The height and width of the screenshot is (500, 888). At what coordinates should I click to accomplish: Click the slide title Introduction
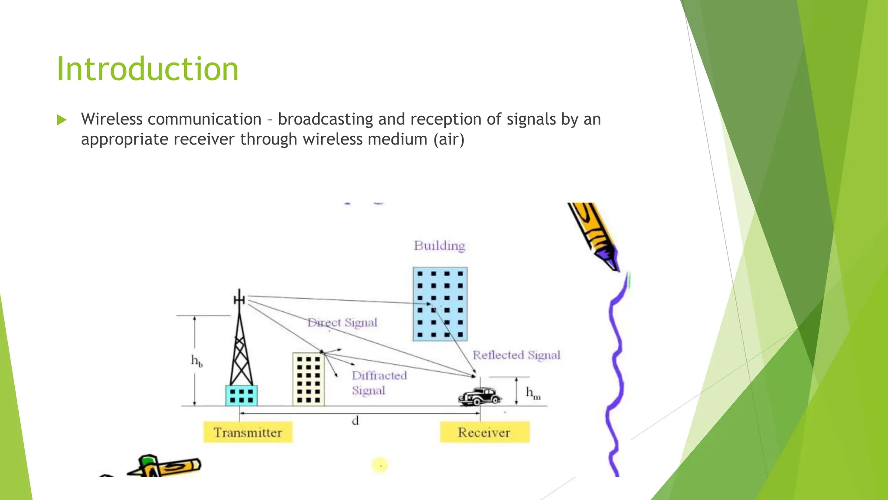(x=147, y=69)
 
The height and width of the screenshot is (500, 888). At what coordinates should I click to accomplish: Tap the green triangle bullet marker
(x=62, y=120)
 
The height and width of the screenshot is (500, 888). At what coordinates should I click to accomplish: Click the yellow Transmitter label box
(x=248, y=432)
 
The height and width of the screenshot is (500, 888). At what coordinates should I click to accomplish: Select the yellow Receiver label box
(x=484, y=432)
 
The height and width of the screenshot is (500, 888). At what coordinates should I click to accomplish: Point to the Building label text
(x=439, y=246)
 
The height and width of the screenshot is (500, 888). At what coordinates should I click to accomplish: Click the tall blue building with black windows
(x=440, y=304)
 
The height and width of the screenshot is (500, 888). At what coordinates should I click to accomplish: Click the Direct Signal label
(x=343, y=322)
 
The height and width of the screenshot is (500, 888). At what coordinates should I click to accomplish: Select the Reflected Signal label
(x=516, y=355)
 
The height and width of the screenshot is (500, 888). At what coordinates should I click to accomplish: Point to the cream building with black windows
(x=308, y=379)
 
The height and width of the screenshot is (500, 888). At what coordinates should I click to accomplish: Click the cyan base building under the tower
(x=242, y=395)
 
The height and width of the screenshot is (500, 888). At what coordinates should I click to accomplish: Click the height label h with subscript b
(x=197, y=361)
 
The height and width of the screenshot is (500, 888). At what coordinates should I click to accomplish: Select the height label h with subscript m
(x=533, y=393)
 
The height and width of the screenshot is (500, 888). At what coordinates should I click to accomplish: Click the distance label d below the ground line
(x=355, y=421)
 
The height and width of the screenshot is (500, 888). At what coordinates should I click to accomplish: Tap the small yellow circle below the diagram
(x=380, y=465)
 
